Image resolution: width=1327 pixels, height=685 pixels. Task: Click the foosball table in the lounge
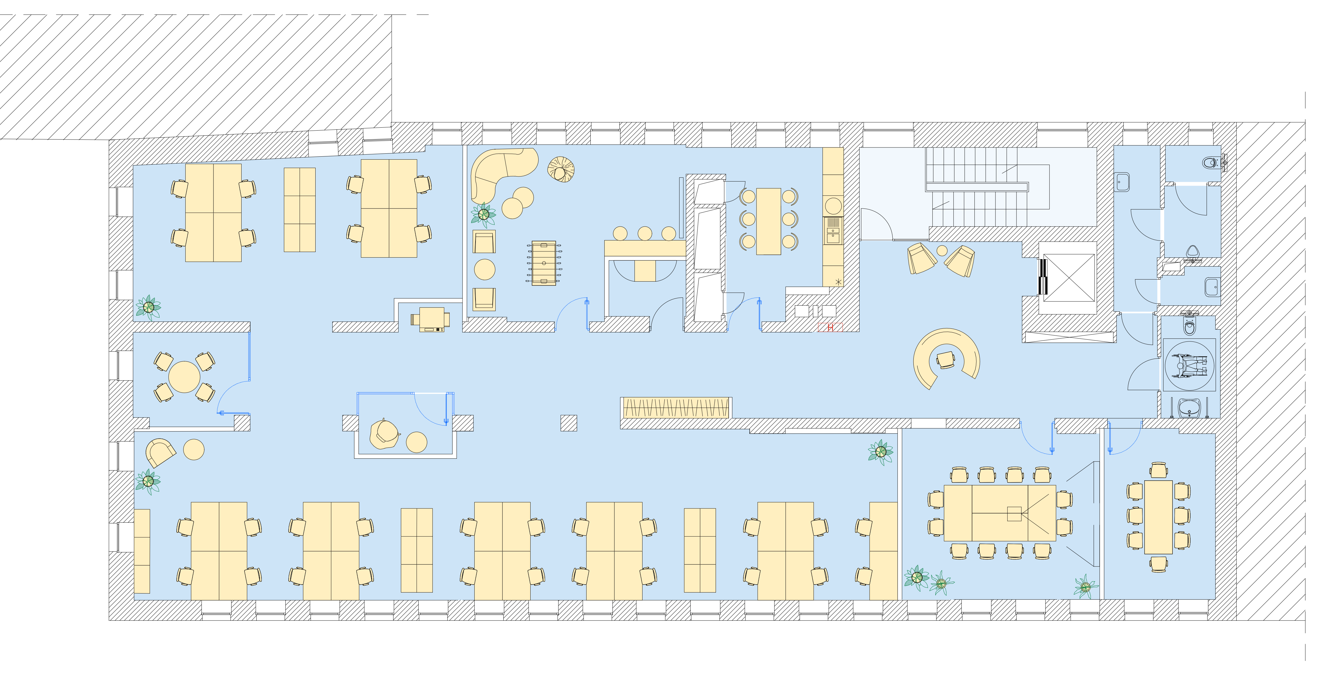(544, 263)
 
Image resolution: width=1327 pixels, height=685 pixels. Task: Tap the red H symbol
(830, 327)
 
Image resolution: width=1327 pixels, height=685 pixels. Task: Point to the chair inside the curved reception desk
(946, 359)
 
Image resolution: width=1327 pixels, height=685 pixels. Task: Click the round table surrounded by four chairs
(184, 377)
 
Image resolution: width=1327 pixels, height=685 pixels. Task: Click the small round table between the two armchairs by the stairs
(942, 251)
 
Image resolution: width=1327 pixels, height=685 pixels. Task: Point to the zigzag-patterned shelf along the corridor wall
(676, 408)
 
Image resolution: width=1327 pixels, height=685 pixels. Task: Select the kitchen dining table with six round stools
(769, 221)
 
